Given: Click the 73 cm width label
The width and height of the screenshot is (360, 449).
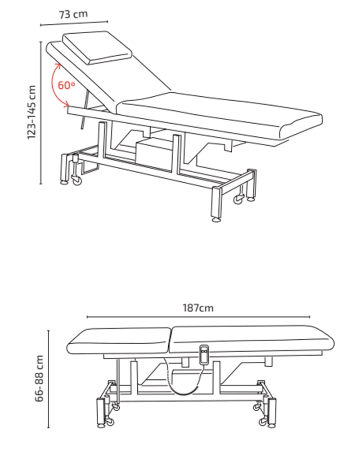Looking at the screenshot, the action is (x=73, y=14).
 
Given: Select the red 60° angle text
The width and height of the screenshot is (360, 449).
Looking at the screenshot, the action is (x=67, y=85).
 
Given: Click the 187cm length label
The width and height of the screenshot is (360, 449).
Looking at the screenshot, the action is (x=198, y=308).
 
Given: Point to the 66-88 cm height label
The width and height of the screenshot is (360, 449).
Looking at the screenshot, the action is (x=39, y=378).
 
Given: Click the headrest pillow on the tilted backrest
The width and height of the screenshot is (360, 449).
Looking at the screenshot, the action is (x=97, y=47).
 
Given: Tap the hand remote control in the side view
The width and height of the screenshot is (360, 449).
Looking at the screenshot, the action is (x=204, y=355).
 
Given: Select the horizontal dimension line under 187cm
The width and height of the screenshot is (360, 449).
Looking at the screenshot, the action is (x=198, y=317).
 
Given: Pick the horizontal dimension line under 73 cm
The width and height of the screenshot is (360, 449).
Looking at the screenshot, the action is (x=74, y=23).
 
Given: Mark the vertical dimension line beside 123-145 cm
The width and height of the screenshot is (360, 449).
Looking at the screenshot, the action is (x=41, y=113).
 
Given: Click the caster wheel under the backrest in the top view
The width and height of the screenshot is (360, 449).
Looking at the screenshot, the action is (x=76, y=181).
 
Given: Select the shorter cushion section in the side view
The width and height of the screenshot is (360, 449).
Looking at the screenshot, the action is (x=119, y=341).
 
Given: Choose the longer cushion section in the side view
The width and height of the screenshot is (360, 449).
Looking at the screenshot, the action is (x=252, y=339).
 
